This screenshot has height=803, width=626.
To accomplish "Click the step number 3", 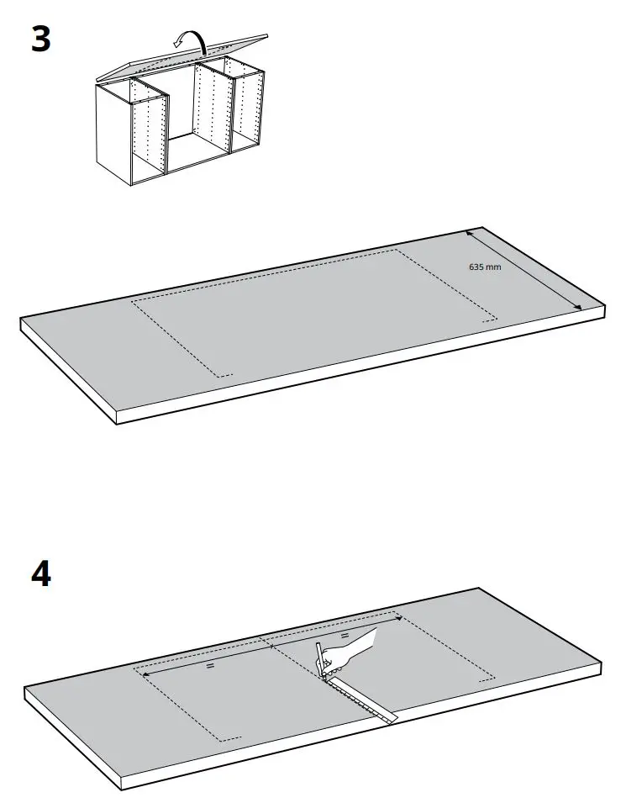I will (41, 40).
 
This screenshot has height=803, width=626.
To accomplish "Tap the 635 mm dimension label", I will (485, 267).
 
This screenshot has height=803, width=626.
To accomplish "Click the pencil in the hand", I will (321, 659).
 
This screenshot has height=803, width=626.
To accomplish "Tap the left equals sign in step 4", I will (210, 665).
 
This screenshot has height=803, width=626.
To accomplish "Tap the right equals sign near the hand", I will (344, 636).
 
